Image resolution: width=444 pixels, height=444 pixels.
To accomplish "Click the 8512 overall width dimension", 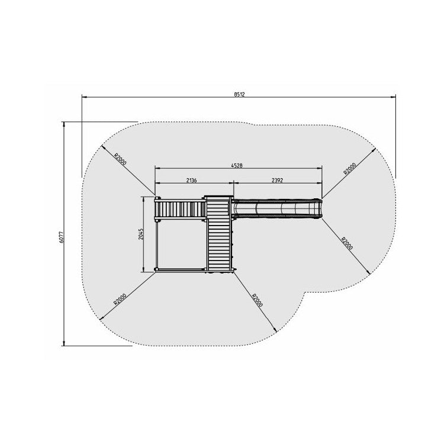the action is click(239, 95).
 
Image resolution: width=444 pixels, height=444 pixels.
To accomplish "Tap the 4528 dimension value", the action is click(237, 166).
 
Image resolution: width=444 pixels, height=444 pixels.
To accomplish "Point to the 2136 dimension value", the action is click(191, 180).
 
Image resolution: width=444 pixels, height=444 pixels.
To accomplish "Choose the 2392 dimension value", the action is click(277, 180).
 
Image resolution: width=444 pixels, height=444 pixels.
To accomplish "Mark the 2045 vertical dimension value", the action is click(141, 234).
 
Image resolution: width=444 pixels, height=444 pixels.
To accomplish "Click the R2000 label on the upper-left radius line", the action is click(120, 159).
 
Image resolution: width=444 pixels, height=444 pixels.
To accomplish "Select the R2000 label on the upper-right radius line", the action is click(350, 169).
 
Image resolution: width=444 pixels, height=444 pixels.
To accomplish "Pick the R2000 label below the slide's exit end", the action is click(347, 243).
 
